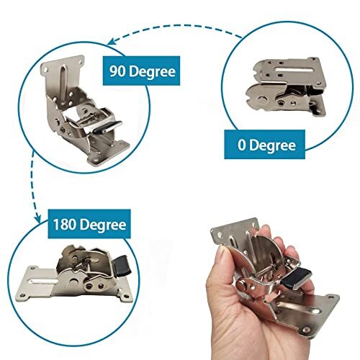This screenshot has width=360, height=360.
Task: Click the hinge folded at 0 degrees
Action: click(285, 91)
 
